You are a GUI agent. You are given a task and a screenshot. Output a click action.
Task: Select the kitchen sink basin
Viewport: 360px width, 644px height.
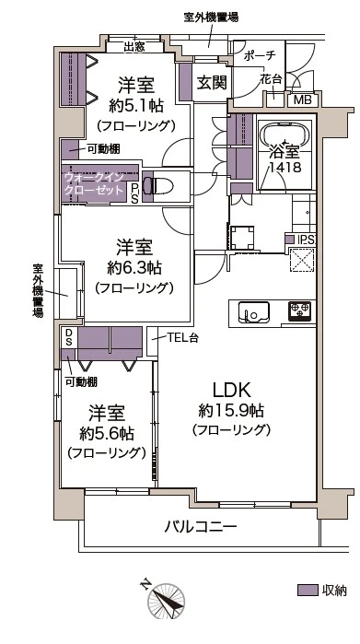coord(254,313)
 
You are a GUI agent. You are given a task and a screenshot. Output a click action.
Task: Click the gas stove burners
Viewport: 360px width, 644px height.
coord(299,310)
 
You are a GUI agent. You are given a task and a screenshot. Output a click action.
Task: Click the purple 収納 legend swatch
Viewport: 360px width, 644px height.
coord(308,590)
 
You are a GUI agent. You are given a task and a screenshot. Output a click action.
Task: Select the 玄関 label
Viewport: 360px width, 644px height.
coord(212,83)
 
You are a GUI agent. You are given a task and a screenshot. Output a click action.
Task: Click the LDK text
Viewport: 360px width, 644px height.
coord(231,390)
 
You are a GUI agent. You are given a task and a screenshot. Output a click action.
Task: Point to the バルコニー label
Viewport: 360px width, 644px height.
coord(201,526)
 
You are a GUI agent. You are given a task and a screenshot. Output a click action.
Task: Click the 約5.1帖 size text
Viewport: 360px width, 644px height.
coord(136,106)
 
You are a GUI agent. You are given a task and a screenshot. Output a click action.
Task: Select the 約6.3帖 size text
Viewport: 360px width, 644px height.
coord(134,269)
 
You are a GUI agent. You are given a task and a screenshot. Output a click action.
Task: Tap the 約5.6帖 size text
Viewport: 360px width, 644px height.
coord(106,433)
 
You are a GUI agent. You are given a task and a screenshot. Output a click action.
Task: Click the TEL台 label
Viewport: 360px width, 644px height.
coord(183,337)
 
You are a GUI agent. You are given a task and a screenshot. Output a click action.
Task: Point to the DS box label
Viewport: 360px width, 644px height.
coord(68,336)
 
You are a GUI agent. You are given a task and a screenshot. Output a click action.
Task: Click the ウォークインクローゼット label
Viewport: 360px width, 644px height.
coord(94,184)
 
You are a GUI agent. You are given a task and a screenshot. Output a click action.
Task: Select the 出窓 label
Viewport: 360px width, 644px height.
coord(134,46)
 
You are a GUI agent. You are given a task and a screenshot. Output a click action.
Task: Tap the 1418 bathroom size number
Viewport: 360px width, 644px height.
coord(285,167)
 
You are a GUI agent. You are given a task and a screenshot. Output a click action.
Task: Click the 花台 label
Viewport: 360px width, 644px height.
coord(271,79)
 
